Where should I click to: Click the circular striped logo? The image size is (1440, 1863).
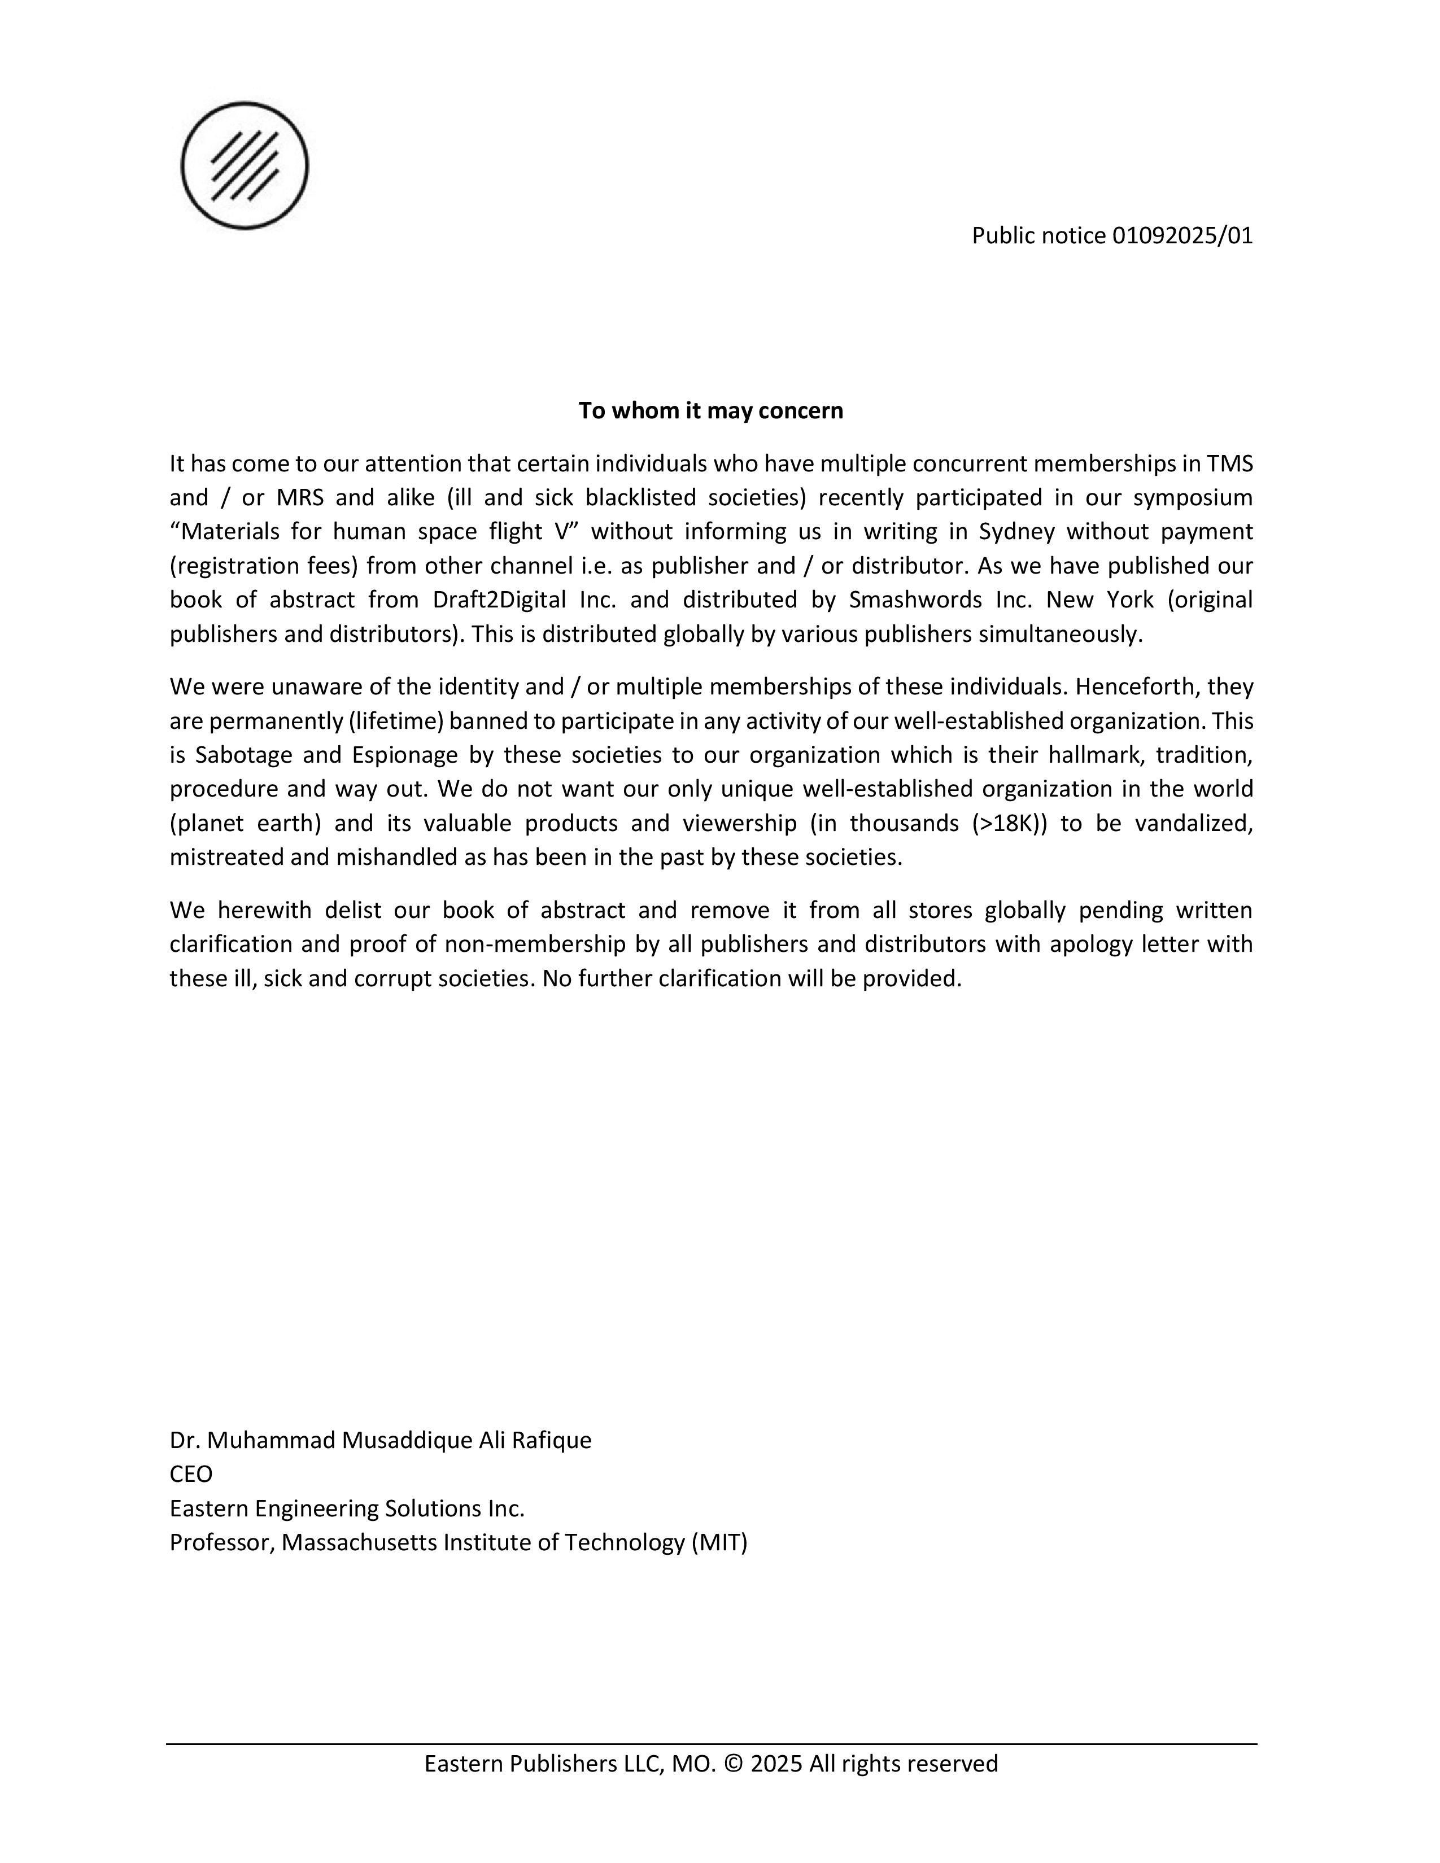245,165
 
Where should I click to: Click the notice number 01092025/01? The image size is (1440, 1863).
1182,235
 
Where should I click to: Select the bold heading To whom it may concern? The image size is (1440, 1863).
710,410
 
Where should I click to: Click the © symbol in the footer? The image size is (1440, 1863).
733,1763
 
